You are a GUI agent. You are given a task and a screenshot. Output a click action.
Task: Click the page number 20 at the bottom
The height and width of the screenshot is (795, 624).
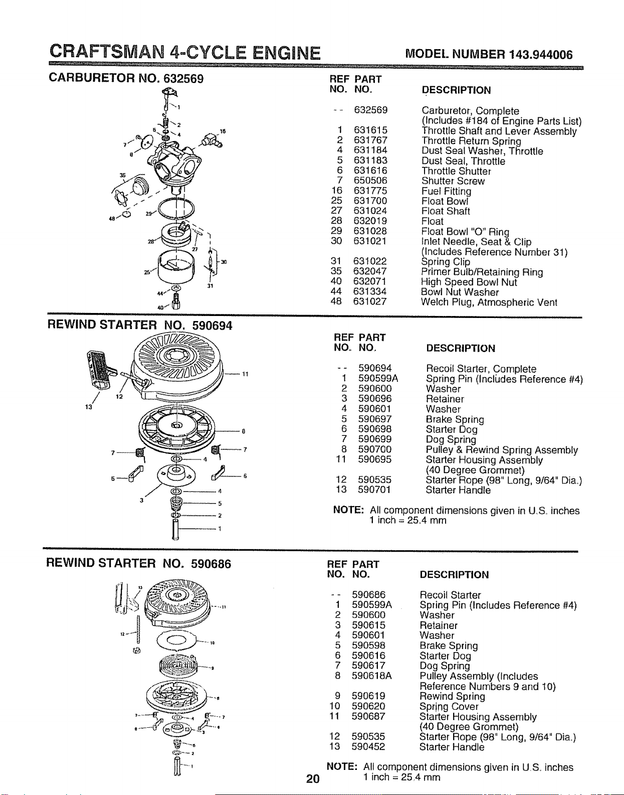(313, 778)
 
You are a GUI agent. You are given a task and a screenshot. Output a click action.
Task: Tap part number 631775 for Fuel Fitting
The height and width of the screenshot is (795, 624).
(370, 191)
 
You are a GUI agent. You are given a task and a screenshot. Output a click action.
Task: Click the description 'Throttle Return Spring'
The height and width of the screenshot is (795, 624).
(471, 141)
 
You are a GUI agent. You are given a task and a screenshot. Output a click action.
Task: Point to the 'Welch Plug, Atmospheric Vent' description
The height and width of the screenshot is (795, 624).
(489, 302)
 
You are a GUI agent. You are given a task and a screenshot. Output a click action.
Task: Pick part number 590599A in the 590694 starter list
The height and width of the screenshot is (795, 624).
(378, 378)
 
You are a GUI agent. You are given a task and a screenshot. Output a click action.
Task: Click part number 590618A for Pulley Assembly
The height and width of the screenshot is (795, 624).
(372, 675)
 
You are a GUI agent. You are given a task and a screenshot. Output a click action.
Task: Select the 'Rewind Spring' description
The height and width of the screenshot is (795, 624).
(452, 696)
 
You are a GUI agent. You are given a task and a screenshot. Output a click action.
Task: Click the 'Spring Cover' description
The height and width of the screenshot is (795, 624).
(449, 706)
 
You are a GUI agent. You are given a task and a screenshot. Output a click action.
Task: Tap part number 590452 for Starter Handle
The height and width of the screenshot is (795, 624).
(368, 746)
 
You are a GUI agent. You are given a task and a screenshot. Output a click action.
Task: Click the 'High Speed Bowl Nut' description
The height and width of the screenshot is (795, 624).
(469, 282)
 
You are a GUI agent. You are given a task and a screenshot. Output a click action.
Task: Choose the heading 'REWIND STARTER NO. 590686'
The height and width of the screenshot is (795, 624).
(138, 563)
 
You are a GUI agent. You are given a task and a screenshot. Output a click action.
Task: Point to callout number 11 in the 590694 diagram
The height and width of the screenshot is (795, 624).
(245, 374)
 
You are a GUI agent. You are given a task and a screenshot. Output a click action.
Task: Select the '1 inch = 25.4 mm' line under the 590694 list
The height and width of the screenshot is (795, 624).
(407, 520)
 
